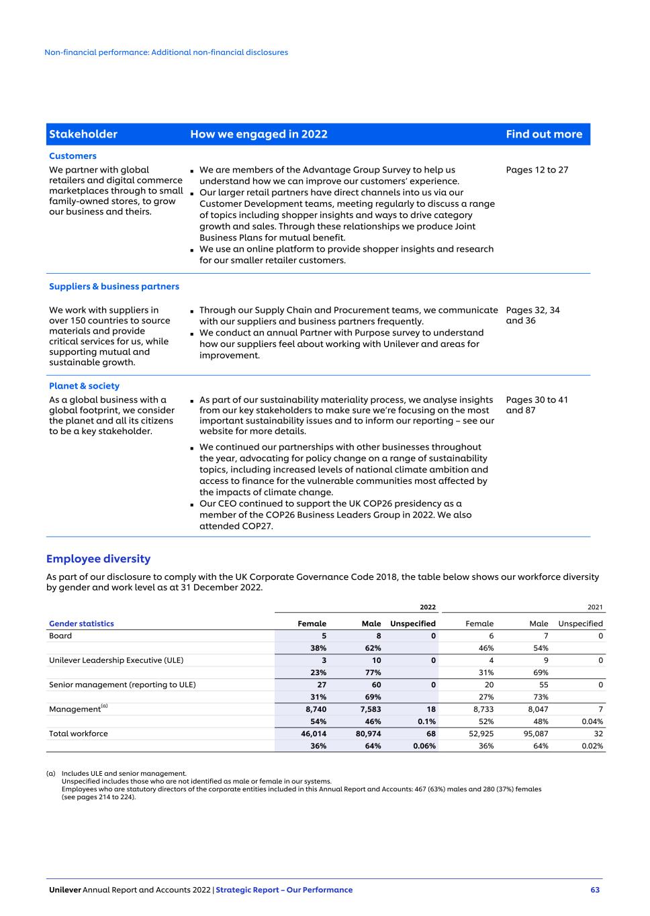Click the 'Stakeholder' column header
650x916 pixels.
(83, 134)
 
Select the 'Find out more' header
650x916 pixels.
(544, 134)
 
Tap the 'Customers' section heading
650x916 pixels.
(73, 156)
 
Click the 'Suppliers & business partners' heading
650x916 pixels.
(114, 287)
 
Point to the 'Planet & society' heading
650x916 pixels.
(84, 386)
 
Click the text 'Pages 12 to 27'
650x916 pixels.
(537, 170)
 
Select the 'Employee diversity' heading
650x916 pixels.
(98, 559)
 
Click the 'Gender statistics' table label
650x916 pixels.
(81, 623)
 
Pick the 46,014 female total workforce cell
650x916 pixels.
(314, 733)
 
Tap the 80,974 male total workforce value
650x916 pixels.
(369, 733)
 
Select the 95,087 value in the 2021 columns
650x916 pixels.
(536, 733)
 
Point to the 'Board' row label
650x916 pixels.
(60, 635)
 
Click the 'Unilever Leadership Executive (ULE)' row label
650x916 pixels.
(116, 660)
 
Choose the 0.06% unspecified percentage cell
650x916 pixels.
(424, 746)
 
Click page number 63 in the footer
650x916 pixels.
(595, 890)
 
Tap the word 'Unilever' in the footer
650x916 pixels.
(64, 890)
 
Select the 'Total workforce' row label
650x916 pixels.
(78, 733)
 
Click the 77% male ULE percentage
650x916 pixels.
(373, 672)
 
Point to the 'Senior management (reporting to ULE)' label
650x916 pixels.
(122, 684)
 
